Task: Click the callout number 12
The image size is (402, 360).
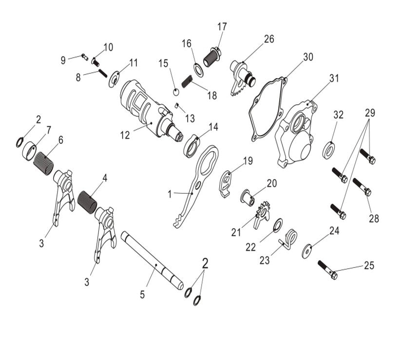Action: click(x=125, y=135)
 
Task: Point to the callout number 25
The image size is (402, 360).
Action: click(x=369, y=266)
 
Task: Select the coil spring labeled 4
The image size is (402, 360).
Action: click(x=89, y=200)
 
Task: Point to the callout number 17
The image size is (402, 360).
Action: click(x=222, y=27)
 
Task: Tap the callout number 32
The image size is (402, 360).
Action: click(x=338, y=115)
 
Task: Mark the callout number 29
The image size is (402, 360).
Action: click(x=370, y=113)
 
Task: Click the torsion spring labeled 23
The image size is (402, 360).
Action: click(x=289, y=239)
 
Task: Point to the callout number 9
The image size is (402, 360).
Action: click(x=63, y=60)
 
